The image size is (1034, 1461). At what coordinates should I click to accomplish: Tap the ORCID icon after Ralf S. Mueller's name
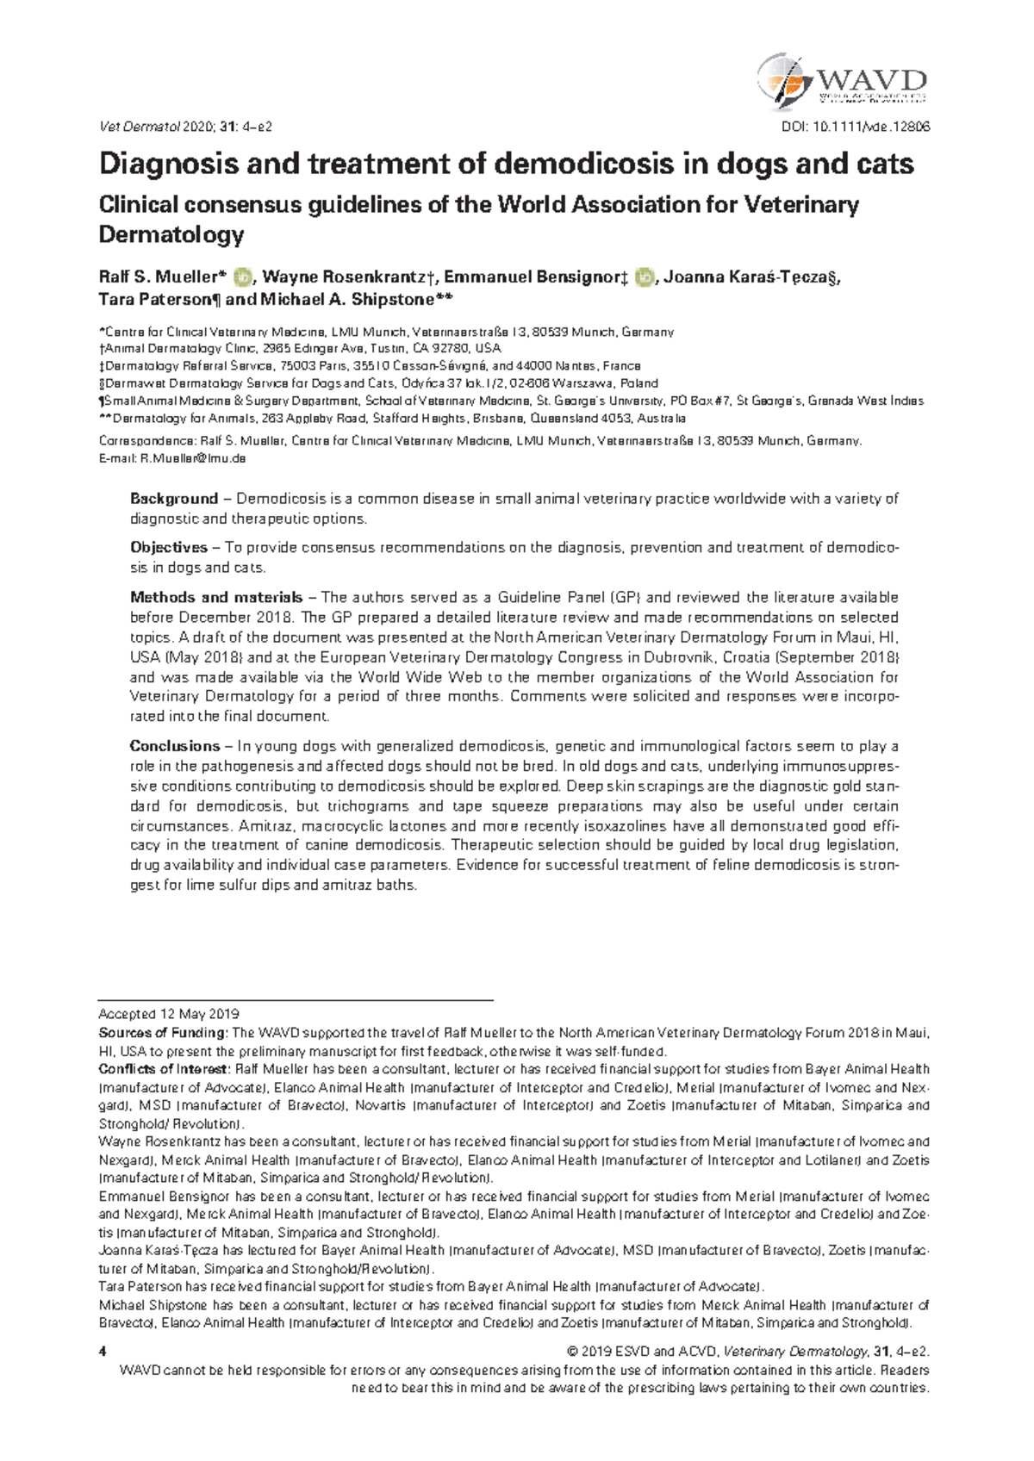tap(243, 277)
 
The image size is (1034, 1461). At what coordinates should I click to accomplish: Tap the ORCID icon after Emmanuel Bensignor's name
tap(642, 277)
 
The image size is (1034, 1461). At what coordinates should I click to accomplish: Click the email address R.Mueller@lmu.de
tap(193, 458)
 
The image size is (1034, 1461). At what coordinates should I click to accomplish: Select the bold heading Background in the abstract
tap(173, 499)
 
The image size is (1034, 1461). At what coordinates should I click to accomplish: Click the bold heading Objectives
tap(168, 548)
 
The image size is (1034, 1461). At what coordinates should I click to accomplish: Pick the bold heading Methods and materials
tap(215, 597)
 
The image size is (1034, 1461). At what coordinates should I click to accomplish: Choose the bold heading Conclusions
tap(175, 746)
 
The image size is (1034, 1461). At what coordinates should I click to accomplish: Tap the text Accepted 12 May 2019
tap(169, 1014)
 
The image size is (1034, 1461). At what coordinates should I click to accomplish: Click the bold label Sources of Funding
tap(163, 1033)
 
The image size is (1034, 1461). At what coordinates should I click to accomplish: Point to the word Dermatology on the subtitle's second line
tap(171, 234)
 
